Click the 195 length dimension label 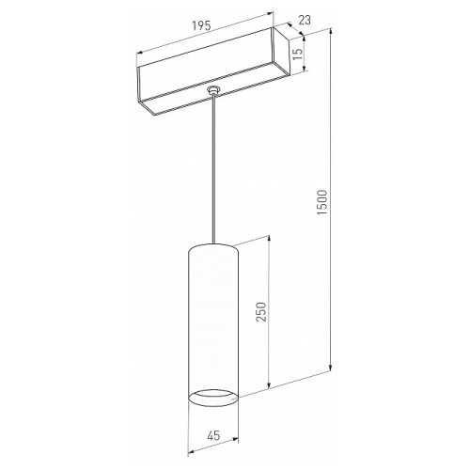tap(201, 25)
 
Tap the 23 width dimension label tap(305, 21)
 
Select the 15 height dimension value tap(299, 55)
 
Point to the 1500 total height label tap(322, 202)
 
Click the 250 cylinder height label tap(261, 312)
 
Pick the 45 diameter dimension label tap(213, 435)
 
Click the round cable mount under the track tap(213, 90)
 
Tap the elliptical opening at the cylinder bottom tap(213, 398)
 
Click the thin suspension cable tap(213, 168)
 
